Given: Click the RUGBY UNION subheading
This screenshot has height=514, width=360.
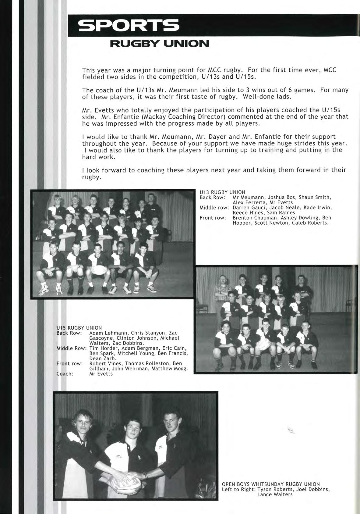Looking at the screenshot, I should pos(159,44).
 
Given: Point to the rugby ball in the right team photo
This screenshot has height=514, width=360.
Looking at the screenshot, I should pos(263,345).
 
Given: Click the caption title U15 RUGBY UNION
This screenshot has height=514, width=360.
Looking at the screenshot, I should pos(79,328).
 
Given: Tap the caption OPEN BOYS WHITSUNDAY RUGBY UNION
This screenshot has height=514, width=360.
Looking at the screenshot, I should pos(271,484).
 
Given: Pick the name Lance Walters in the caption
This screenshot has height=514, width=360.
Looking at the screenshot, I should pos(275,494).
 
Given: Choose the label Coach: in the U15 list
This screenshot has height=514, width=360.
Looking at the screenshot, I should pos(65,374).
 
